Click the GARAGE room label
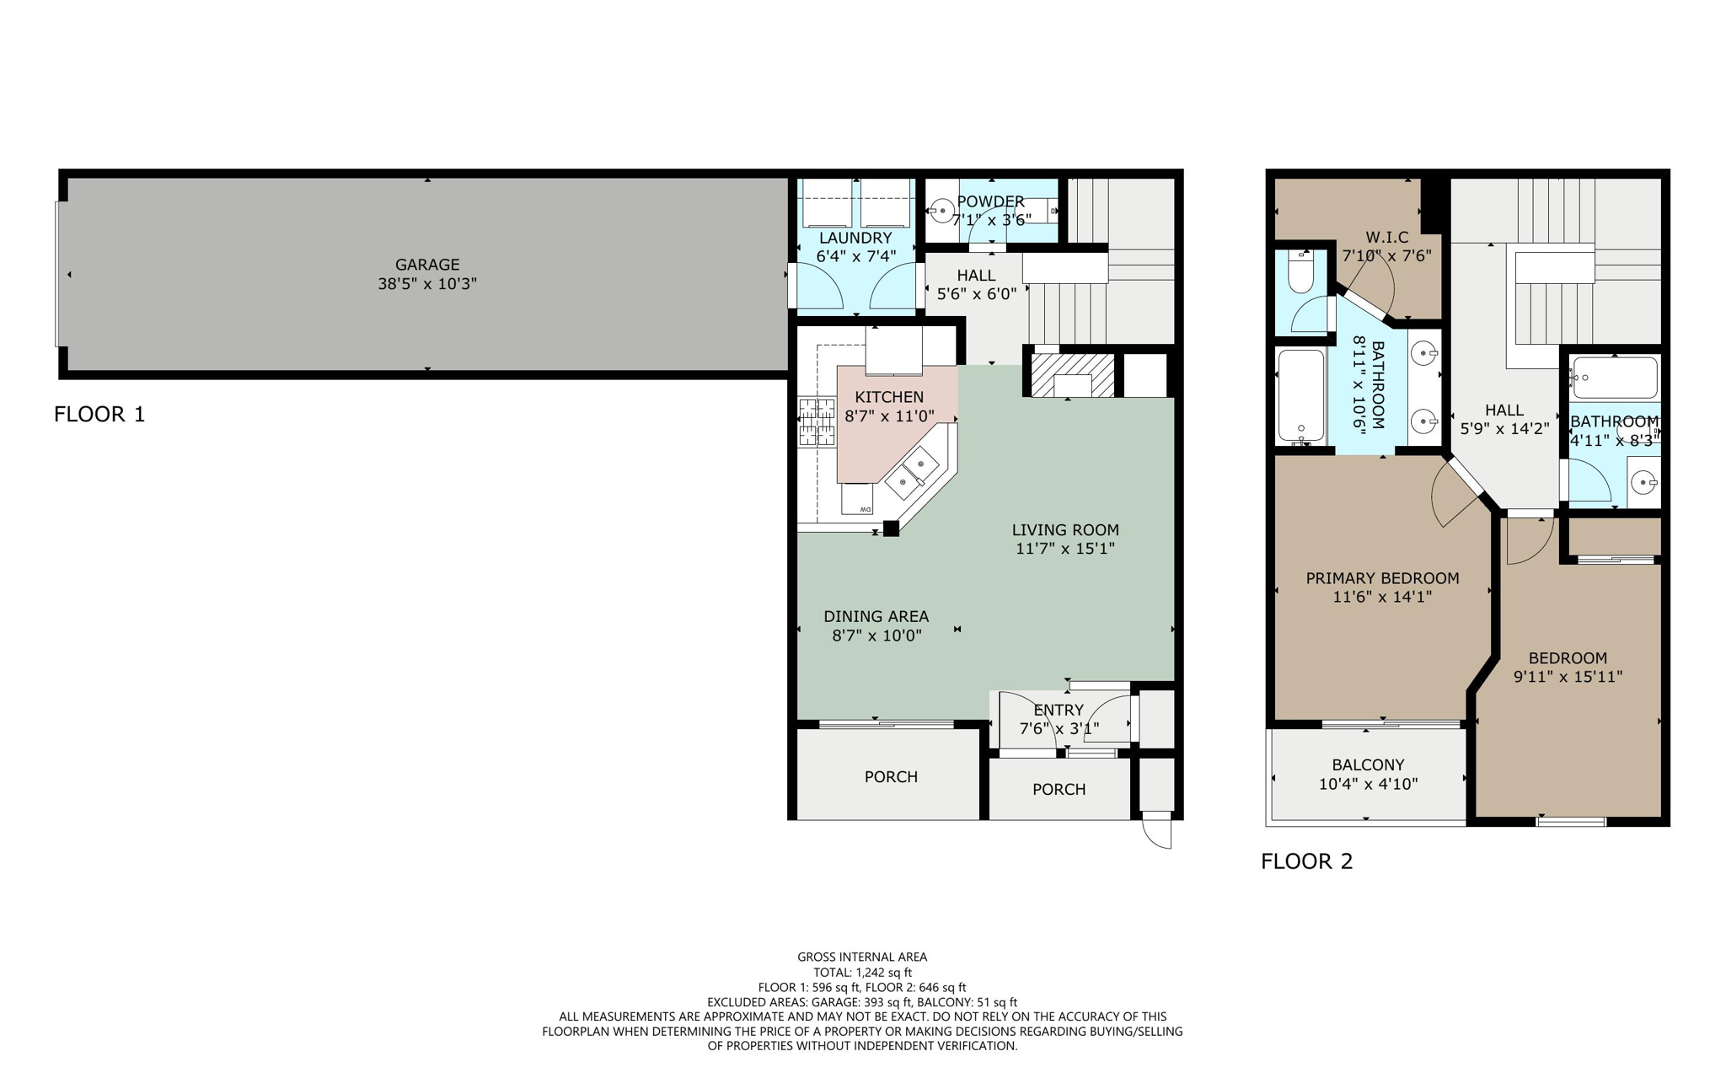tap(427, 265)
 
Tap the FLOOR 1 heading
tap(99, 414)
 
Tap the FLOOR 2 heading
tap(1306, 861)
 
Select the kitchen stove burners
tap(816, 422)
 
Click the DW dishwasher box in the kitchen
tap(857, 499)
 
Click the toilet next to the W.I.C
tap(1301, 271)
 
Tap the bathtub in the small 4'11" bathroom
tap(1615, 378)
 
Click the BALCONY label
tap(1368, 764)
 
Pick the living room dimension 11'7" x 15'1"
tap(1065, 549)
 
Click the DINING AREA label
tap(876, 616)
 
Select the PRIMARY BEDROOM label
tap(1382, 578)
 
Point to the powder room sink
tap(941, 211)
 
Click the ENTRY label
tap(1059, 710)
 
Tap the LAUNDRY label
tap(855, 238)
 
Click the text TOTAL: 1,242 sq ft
tap(862, 972)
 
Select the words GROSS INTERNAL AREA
tap(862, 957)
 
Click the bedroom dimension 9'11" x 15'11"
tap(1568, 677)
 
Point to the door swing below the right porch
tap(1158, 834)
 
